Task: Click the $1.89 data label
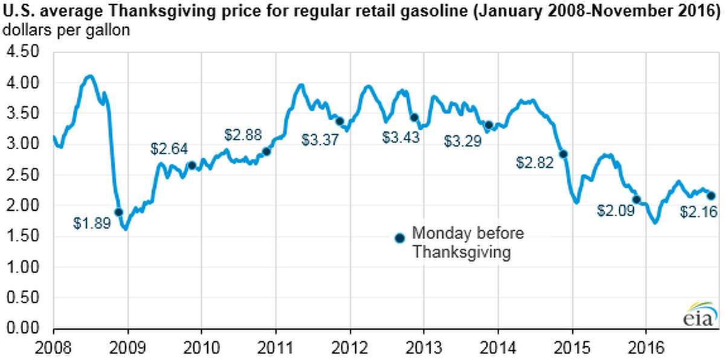92,223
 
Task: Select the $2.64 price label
169,148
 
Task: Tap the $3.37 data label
320,140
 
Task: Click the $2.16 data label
698,211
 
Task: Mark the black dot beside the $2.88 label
266,151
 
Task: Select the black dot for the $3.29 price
489,125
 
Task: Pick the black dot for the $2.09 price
636,199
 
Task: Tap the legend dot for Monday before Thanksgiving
399,238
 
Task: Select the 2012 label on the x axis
349,349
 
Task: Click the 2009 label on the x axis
127,349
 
